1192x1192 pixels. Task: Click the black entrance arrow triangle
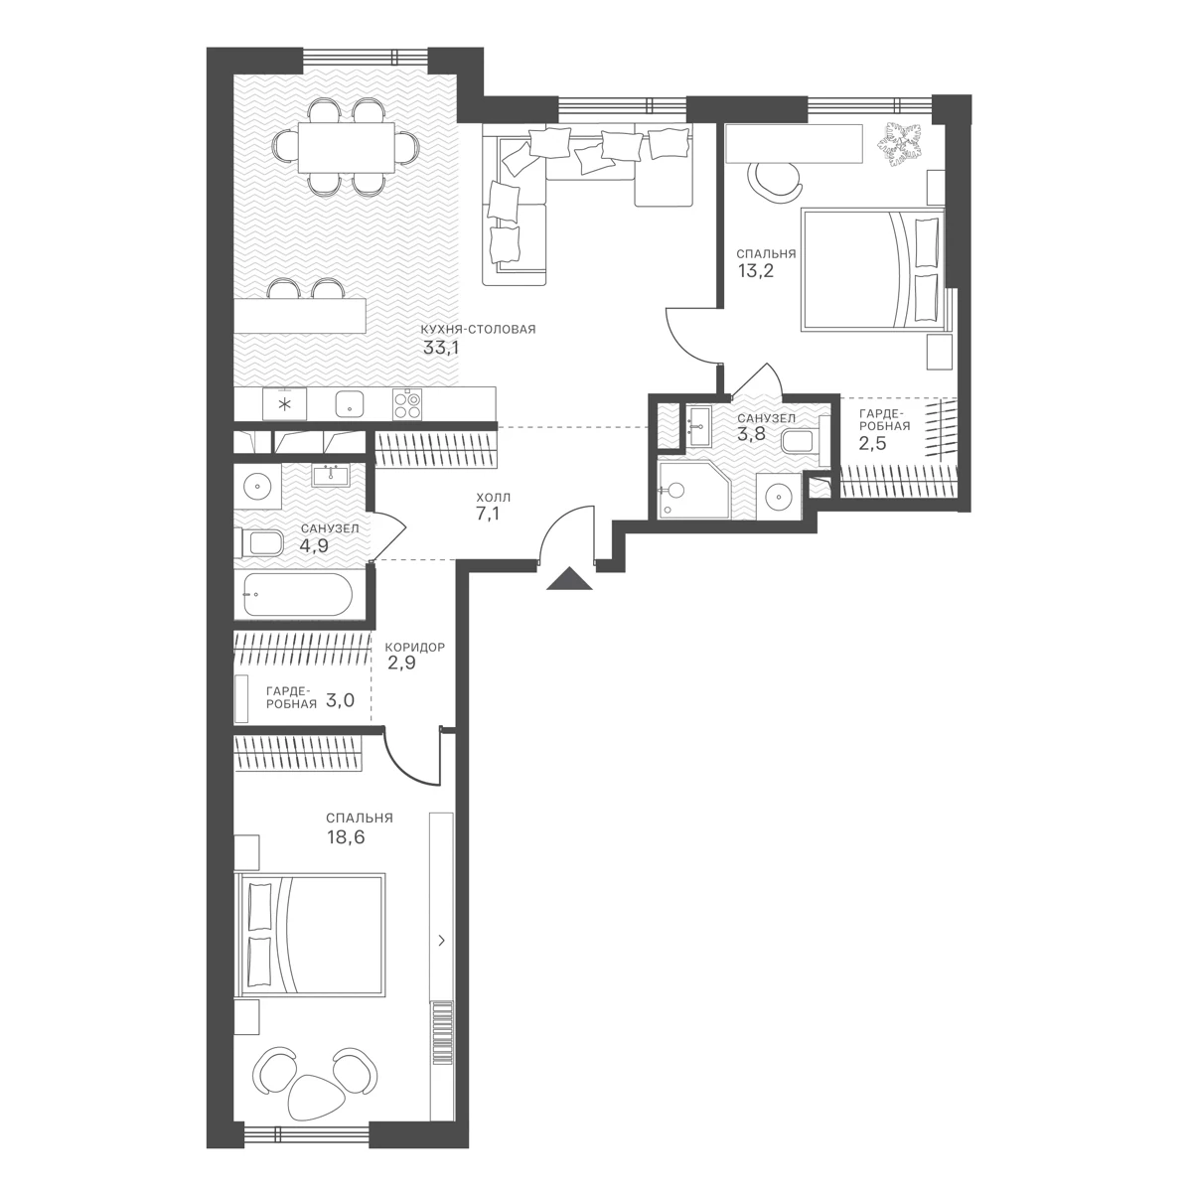pos(570,579)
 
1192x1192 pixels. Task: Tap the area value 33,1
pos(440,349)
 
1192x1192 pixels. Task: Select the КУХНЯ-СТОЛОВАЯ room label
pos(478,330)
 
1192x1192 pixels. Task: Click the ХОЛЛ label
pos(493,498)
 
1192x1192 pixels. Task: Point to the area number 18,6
pos(346,837)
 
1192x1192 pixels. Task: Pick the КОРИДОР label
pos(414,648)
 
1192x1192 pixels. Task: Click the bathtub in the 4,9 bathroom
pos(298,594)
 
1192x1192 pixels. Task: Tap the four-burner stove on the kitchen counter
pos(407,404)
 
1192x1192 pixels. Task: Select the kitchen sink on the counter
pos(351,404)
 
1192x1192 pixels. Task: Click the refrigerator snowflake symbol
pos(284,404)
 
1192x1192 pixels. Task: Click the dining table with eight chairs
pos(346,147)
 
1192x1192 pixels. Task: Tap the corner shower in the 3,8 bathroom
pos(694,489)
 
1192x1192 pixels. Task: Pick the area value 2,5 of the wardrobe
pos(871,443)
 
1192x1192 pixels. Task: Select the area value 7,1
pos(488,515)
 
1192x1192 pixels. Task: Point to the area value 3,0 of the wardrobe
pos(340,700)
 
